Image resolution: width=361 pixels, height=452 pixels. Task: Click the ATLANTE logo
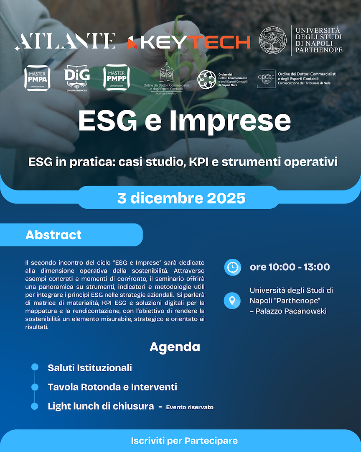tap(65, 41)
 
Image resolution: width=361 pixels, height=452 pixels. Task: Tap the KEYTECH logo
tap(189, 42)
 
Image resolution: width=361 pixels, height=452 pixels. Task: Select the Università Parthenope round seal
tap(274, 40)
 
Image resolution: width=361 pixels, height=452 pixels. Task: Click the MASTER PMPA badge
tap(38, 77)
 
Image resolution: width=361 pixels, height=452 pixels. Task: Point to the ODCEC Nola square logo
tap(266, 78)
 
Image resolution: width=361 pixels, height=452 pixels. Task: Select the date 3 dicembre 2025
tap(181, 198)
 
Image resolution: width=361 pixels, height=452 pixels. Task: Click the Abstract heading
tap(53, 235)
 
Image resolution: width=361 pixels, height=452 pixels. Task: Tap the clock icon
tap(232, 267)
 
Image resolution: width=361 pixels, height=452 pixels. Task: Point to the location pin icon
tap(232, 300)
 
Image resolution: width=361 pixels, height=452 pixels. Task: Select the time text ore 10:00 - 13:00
tap(290, 267)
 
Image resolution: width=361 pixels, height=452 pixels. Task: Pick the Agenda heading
tap(175, 347)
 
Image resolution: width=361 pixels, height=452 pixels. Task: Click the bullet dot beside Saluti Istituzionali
tap(35, 367)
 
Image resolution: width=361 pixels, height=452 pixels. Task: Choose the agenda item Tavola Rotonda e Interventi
tap(112, 387)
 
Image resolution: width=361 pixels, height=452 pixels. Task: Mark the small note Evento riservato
tap(190, 407)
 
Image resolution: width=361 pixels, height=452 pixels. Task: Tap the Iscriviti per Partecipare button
tap(184, 441)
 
